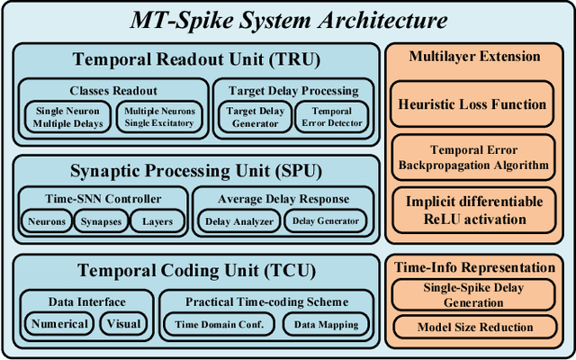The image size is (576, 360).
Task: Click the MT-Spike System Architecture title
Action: [287, 19]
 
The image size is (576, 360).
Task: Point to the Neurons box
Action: [46, 220]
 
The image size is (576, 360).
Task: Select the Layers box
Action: [157, 220]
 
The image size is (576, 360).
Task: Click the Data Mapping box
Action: [320, 324]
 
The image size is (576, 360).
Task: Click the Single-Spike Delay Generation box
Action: [473, 295]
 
